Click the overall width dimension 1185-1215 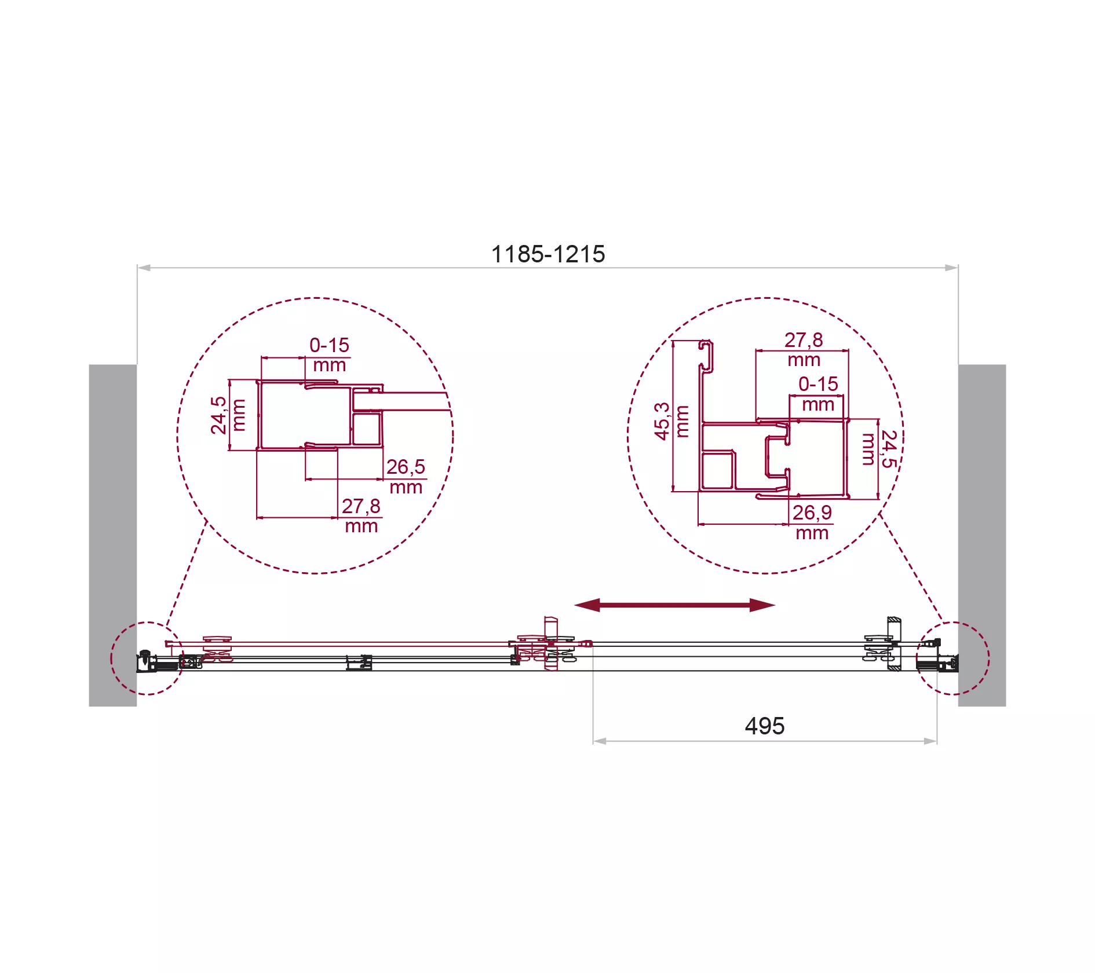[x=547, y=254]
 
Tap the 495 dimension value [x=765, y=726]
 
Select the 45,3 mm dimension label [x=671, y=422]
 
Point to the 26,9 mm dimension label [x=812, y=522]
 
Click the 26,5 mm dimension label [x=406, y=477]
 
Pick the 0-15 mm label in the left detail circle [x=329, y=355]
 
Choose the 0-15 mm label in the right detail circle [x=818, y=394]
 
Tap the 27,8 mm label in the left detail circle [x=361, y=515]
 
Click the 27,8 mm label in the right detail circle [x=804, y=349]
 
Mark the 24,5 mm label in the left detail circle [x=228, y=415]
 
